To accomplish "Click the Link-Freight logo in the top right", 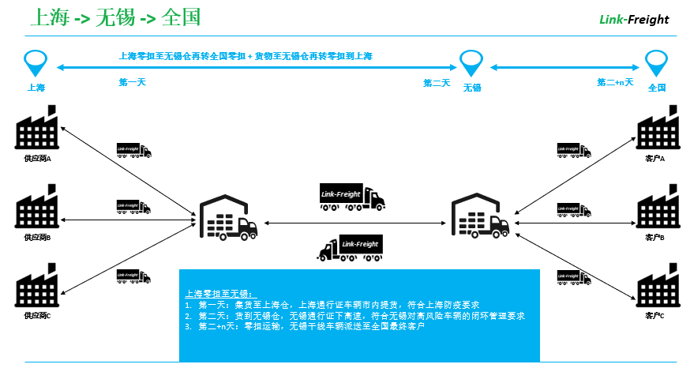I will tap(634, 19).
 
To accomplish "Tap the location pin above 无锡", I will tap(471, 61).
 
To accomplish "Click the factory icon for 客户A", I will tap(657, 129).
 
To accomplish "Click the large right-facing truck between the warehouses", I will tap(351, 195).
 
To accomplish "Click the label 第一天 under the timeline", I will tap(132, 82).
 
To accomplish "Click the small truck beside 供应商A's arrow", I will tap(133, 150).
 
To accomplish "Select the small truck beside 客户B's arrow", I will tap(573, 210).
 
